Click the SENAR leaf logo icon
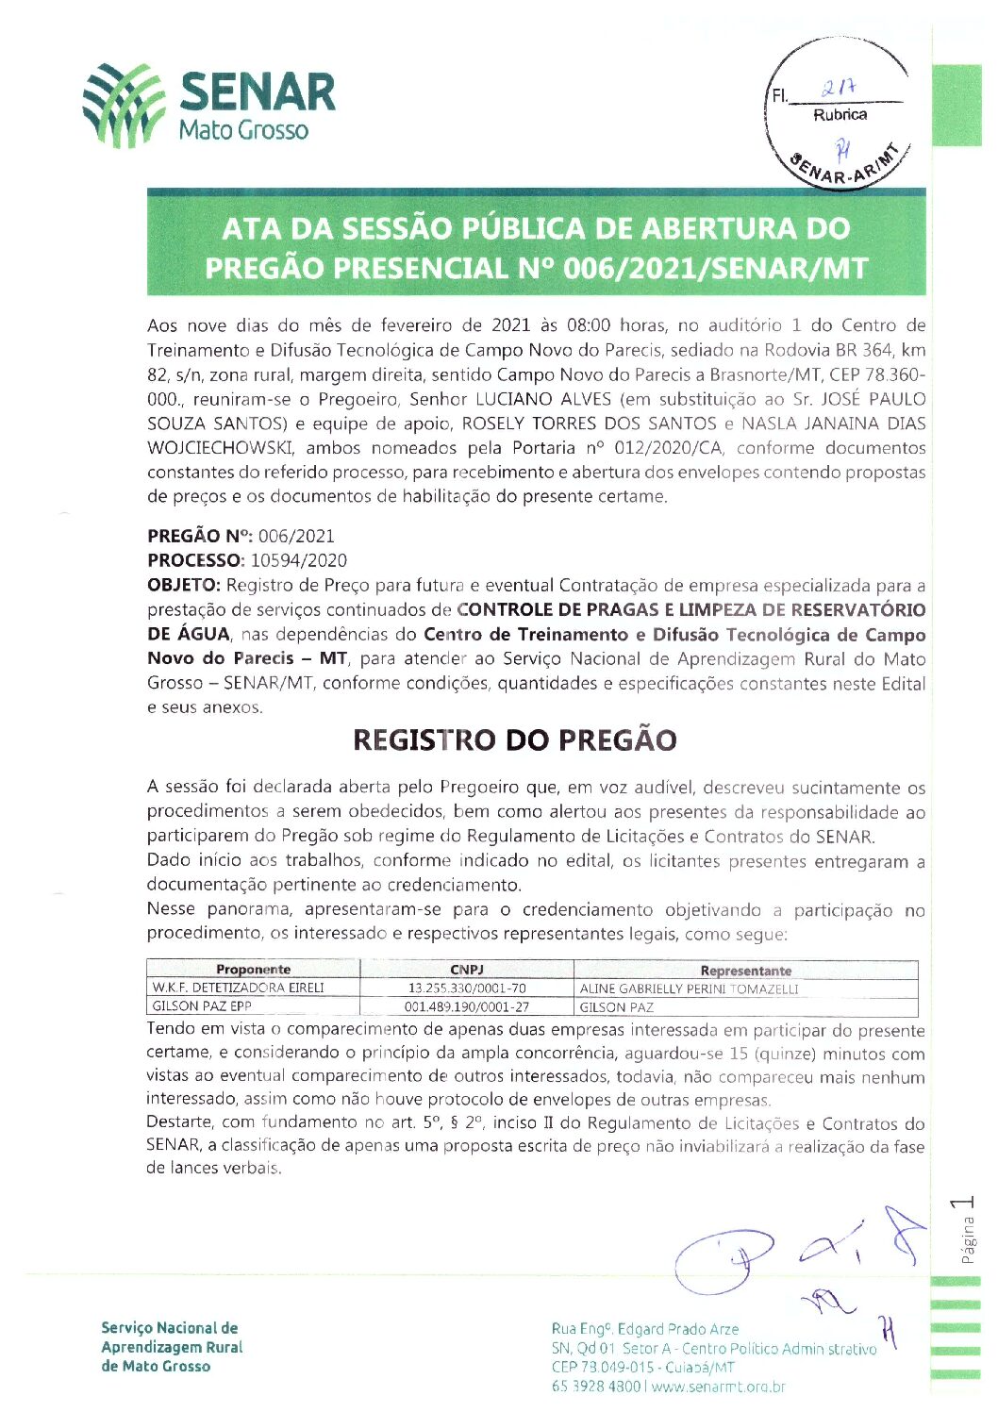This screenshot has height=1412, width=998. pyautogui.click(x=123, y=106)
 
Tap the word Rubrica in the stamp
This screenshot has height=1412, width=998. pyautogui.click(x=840, y=115)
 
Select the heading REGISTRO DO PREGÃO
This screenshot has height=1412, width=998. pyautogui.click(x=514, y=740)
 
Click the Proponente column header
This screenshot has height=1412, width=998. pyautogui.click(x=253, y=970)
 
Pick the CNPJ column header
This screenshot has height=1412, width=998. pyautogui.click(x=467, y=970)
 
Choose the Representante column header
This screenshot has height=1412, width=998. pyautogui.click(x=745, y=971)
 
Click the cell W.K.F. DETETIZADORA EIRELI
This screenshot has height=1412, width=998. pyautogui.click(x=239, y=988)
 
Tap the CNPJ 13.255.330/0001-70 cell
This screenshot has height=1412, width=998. pyautogui.click(x=467, y=988)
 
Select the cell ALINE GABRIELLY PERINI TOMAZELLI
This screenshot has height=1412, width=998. pyautogui.click(x=689, y=989)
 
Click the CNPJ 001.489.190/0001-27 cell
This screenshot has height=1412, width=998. pyautogui.click(x=467, y=1007)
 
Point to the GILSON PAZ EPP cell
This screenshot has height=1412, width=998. pyautogui.click(x=202, y=1006)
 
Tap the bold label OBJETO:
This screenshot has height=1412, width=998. pyautogui.click(x=184, y=585)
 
